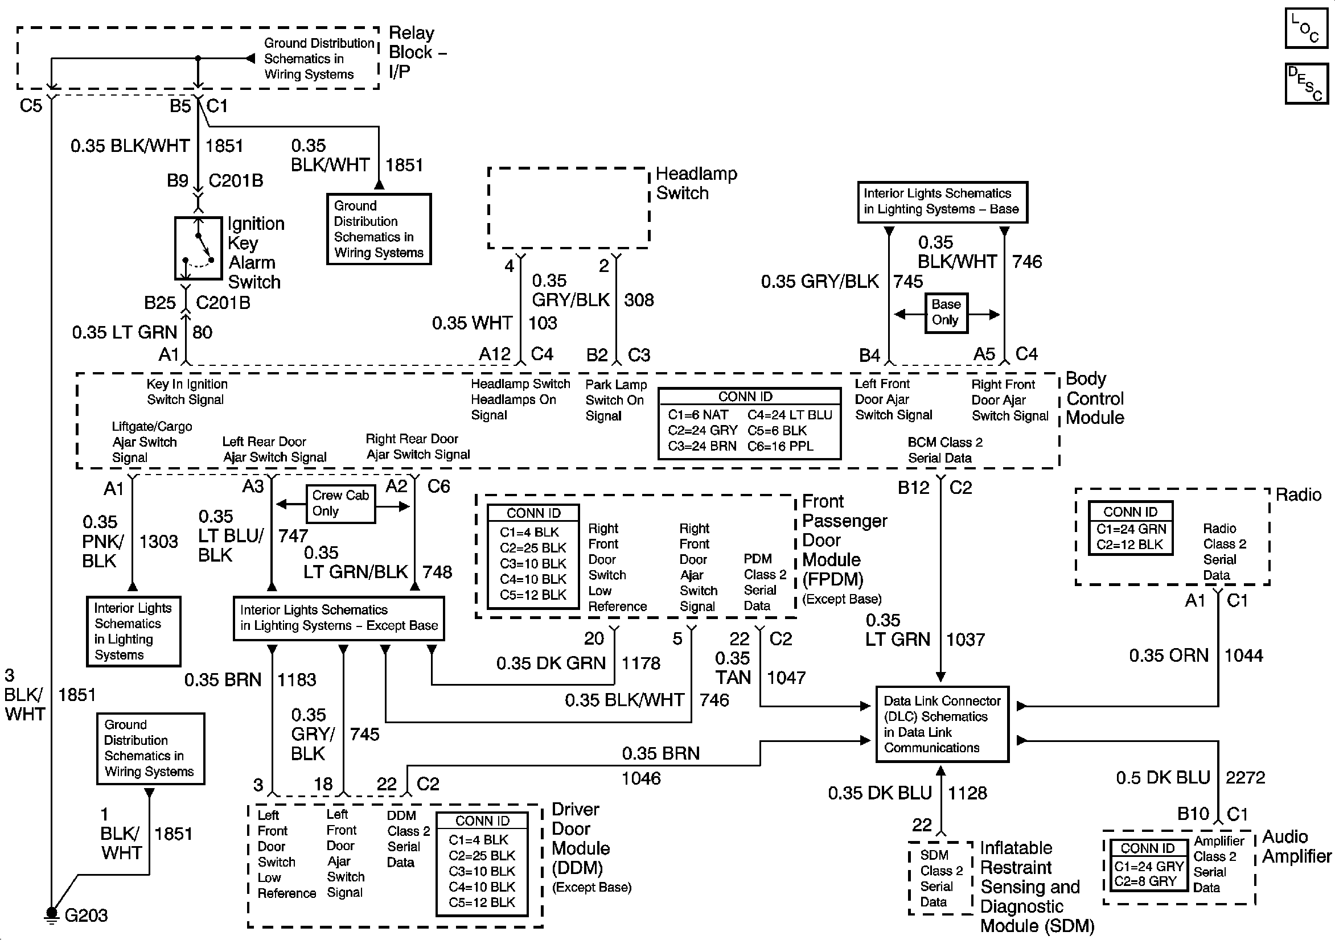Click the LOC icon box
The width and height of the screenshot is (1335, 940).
click(1307, 28)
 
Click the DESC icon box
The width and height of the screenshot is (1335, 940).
click(1307, 84)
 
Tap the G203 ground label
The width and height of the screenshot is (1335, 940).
click(86, 915)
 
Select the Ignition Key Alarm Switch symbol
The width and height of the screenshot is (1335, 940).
click(198, 248)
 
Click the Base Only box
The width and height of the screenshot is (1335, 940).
click(946, 313)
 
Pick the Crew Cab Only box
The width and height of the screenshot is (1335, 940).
click(341, 504)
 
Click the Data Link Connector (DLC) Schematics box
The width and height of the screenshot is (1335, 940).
click(942, 724)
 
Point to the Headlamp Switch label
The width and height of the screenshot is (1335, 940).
click(696, 183)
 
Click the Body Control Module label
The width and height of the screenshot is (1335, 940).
click(1095, 398)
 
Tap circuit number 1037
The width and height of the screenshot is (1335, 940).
click(965, 640)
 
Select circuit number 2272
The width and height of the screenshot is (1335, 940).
click(1246, 777)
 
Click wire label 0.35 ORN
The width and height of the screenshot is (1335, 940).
click(1169, 655)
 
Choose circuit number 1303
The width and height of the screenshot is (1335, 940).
click(158, 541)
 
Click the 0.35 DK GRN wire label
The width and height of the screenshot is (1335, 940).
click(551, 663)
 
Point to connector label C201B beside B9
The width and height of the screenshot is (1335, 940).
click(236, 181)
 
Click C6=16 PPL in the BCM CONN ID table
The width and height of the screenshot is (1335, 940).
click(781, 447)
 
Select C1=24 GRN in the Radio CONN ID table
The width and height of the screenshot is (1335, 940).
click(1131, 529)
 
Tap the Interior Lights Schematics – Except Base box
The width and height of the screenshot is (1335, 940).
click(339, 619)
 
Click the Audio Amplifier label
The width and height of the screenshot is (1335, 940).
click(1297, 847)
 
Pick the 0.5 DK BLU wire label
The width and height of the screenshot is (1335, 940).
click(1163, 777)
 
